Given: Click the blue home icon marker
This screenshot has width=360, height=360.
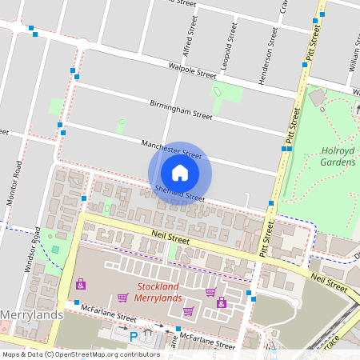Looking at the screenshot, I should pos(180,173).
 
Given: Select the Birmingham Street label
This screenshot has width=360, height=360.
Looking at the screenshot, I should pos(181,110).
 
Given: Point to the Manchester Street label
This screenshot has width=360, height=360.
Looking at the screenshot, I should pos(171,148).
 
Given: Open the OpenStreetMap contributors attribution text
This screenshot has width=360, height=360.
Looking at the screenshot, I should pos(80,354).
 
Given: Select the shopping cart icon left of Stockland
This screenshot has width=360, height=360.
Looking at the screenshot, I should pos(122,298).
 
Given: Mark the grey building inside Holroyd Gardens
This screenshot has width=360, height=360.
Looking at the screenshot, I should pos(318,97).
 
